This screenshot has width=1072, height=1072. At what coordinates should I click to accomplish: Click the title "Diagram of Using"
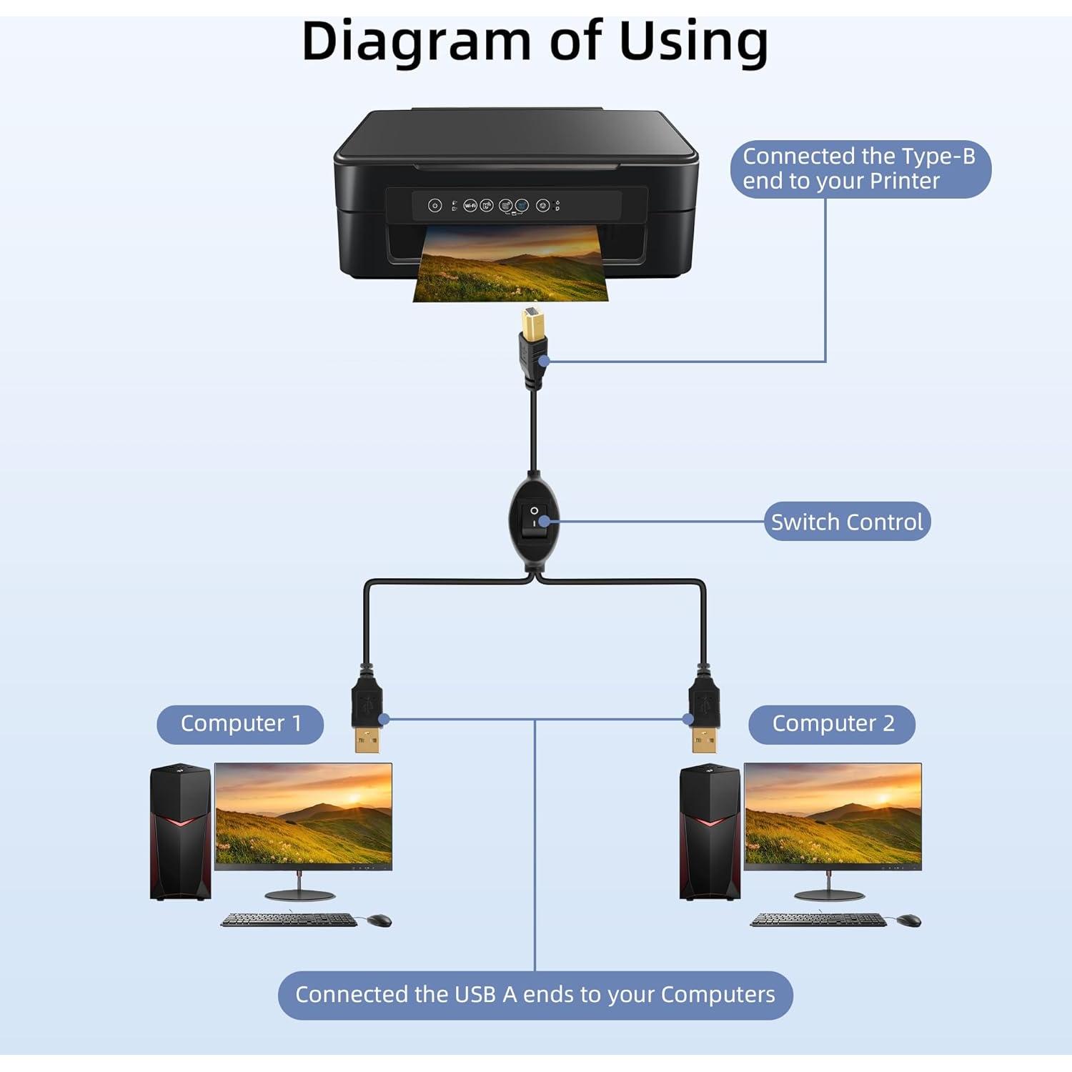coord(535,41)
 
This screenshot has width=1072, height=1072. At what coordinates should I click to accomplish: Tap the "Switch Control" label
coord(847,522)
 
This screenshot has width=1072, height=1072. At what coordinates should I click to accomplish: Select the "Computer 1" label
coord(240,724)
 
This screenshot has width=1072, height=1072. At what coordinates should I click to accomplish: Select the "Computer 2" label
coord(833,724)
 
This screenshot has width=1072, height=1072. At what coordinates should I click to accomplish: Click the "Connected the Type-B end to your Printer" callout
coord(859,169)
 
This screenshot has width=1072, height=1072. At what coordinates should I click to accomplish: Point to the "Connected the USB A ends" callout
coord(535,995)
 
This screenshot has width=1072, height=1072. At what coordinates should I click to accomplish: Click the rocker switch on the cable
coord(534,520)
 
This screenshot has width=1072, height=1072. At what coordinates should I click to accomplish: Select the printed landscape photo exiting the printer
coord(511,268)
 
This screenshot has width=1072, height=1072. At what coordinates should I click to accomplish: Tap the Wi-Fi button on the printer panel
coord(470,206)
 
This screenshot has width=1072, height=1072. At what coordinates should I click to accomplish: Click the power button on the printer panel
coord(435,206)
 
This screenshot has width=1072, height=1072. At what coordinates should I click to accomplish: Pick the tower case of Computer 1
coord(180,833)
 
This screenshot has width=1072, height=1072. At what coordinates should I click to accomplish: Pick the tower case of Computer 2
coord(710,833)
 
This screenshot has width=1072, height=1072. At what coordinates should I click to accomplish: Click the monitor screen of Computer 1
coord(304,815)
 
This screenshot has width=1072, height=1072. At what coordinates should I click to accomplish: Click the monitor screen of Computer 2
coord(833,815)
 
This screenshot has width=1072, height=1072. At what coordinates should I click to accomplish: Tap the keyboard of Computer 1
coord(289,920)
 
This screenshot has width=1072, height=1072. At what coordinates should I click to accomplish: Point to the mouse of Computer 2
coord(908,920)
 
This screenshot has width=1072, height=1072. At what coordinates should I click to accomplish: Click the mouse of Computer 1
coord(379,920)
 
